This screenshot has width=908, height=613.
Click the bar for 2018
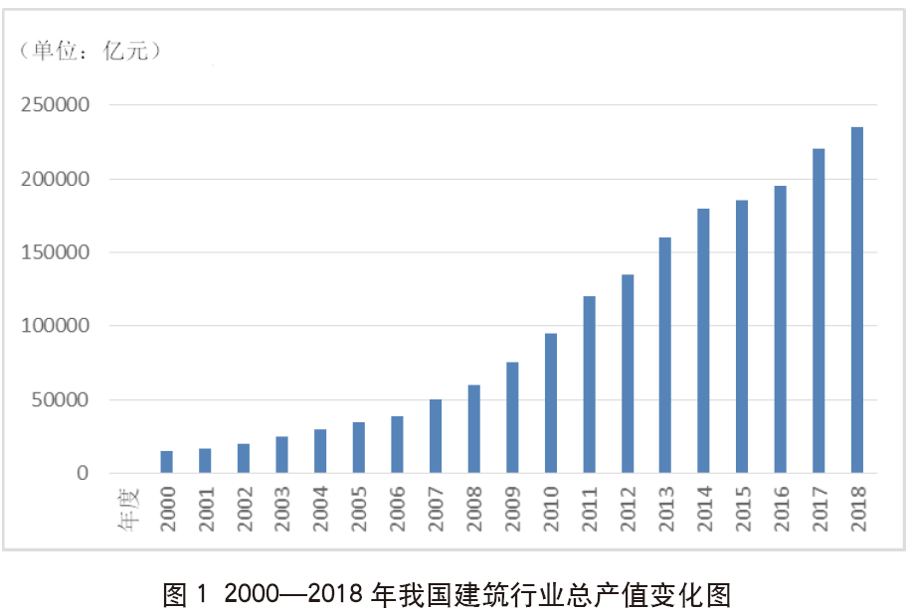click(856, 300)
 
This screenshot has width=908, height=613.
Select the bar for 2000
click(166, 462)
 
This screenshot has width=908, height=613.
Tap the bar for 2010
click(550, 403)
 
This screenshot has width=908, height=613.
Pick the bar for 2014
click(703, 341)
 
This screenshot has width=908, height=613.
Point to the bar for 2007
click(435, 436)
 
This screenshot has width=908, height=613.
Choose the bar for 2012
click(627, 374)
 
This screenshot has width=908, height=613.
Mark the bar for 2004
click(319, 451)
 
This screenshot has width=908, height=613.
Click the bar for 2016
click(780, 329)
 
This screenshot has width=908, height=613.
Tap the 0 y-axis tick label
click(84, 474)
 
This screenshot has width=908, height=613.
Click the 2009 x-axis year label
click(512, 508)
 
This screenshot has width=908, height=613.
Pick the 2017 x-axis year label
click(818, 508)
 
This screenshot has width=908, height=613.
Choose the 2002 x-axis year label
click(244, 508)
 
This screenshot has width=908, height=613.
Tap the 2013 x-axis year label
click(665, 508)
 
